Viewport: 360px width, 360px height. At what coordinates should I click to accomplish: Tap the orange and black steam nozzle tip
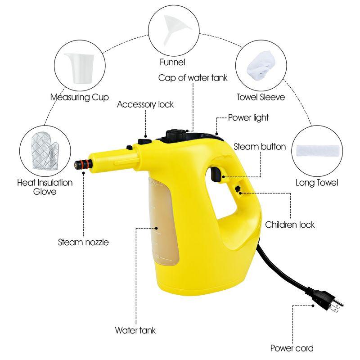tap(81, 164)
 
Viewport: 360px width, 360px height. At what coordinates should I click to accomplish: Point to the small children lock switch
tap(237, 190)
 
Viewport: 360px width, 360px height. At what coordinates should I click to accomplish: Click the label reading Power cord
tap(292, 348)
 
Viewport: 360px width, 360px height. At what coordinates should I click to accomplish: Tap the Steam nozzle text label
tap(83, 242)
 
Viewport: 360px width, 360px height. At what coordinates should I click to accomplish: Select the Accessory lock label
tap(145, 104)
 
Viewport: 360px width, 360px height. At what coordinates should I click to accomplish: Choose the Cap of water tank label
tap(193, 77)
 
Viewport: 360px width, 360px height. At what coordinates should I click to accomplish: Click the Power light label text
tap(248, 117)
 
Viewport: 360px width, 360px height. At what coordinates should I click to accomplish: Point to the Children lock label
tap(290, 224)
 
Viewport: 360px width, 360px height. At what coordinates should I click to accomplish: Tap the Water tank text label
tap(135, 330)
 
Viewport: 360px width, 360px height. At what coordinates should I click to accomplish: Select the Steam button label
tap(260, 147)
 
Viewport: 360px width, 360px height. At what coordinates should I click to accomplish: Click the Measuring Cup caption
tap(79, 97)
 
